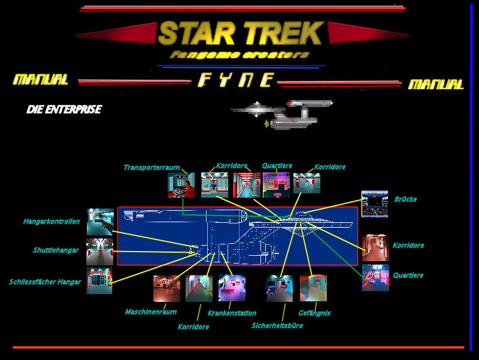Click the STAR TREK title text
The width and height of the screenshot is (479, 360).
241,34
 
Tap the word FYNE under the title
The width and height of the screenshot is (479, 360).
236,80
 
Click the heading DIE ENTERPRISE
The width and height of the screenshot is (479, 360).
63,110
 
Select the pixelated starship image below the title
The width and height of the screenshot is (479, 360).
281,114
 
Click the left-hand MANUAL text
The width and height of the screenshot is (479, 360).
41,80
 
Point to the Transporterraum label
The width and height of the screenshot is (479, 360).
151,168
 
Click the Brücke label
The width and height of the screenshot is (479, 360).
405,199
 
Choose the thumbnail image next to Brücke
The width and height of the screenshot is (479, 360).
374,204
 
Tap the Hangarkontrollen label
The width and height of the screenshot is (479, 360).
51,222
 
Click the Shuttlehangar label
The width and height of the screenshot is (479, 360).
56,250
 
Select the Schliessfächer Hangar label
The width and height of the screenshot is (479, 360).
45,282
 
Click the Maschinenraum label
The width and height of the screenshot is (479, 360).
150,312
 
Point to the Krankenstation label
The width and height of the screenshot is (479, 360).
232,313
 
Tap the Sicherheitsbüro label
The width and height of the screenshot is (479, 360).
277,326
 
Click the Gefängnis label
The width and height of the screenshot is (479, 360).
314,313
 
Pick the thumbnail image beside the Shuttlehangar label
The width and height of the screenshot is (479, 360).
99,252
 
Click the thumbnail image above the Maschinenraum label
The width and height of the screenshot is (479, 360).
166,288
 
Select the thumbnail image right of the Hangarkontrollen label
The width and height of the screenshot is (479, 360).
100,222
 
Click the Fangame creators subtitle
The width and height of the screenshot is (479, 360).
239,55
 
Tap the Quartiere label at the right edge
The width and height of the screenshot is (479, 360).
408,276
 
